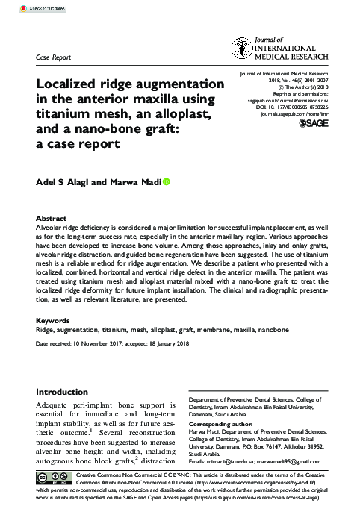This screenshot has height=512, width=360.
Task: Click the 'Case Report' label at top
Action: (x=55, y=57)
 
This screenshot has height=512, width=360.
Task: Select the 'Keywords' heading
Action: (x=54, y=321)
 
